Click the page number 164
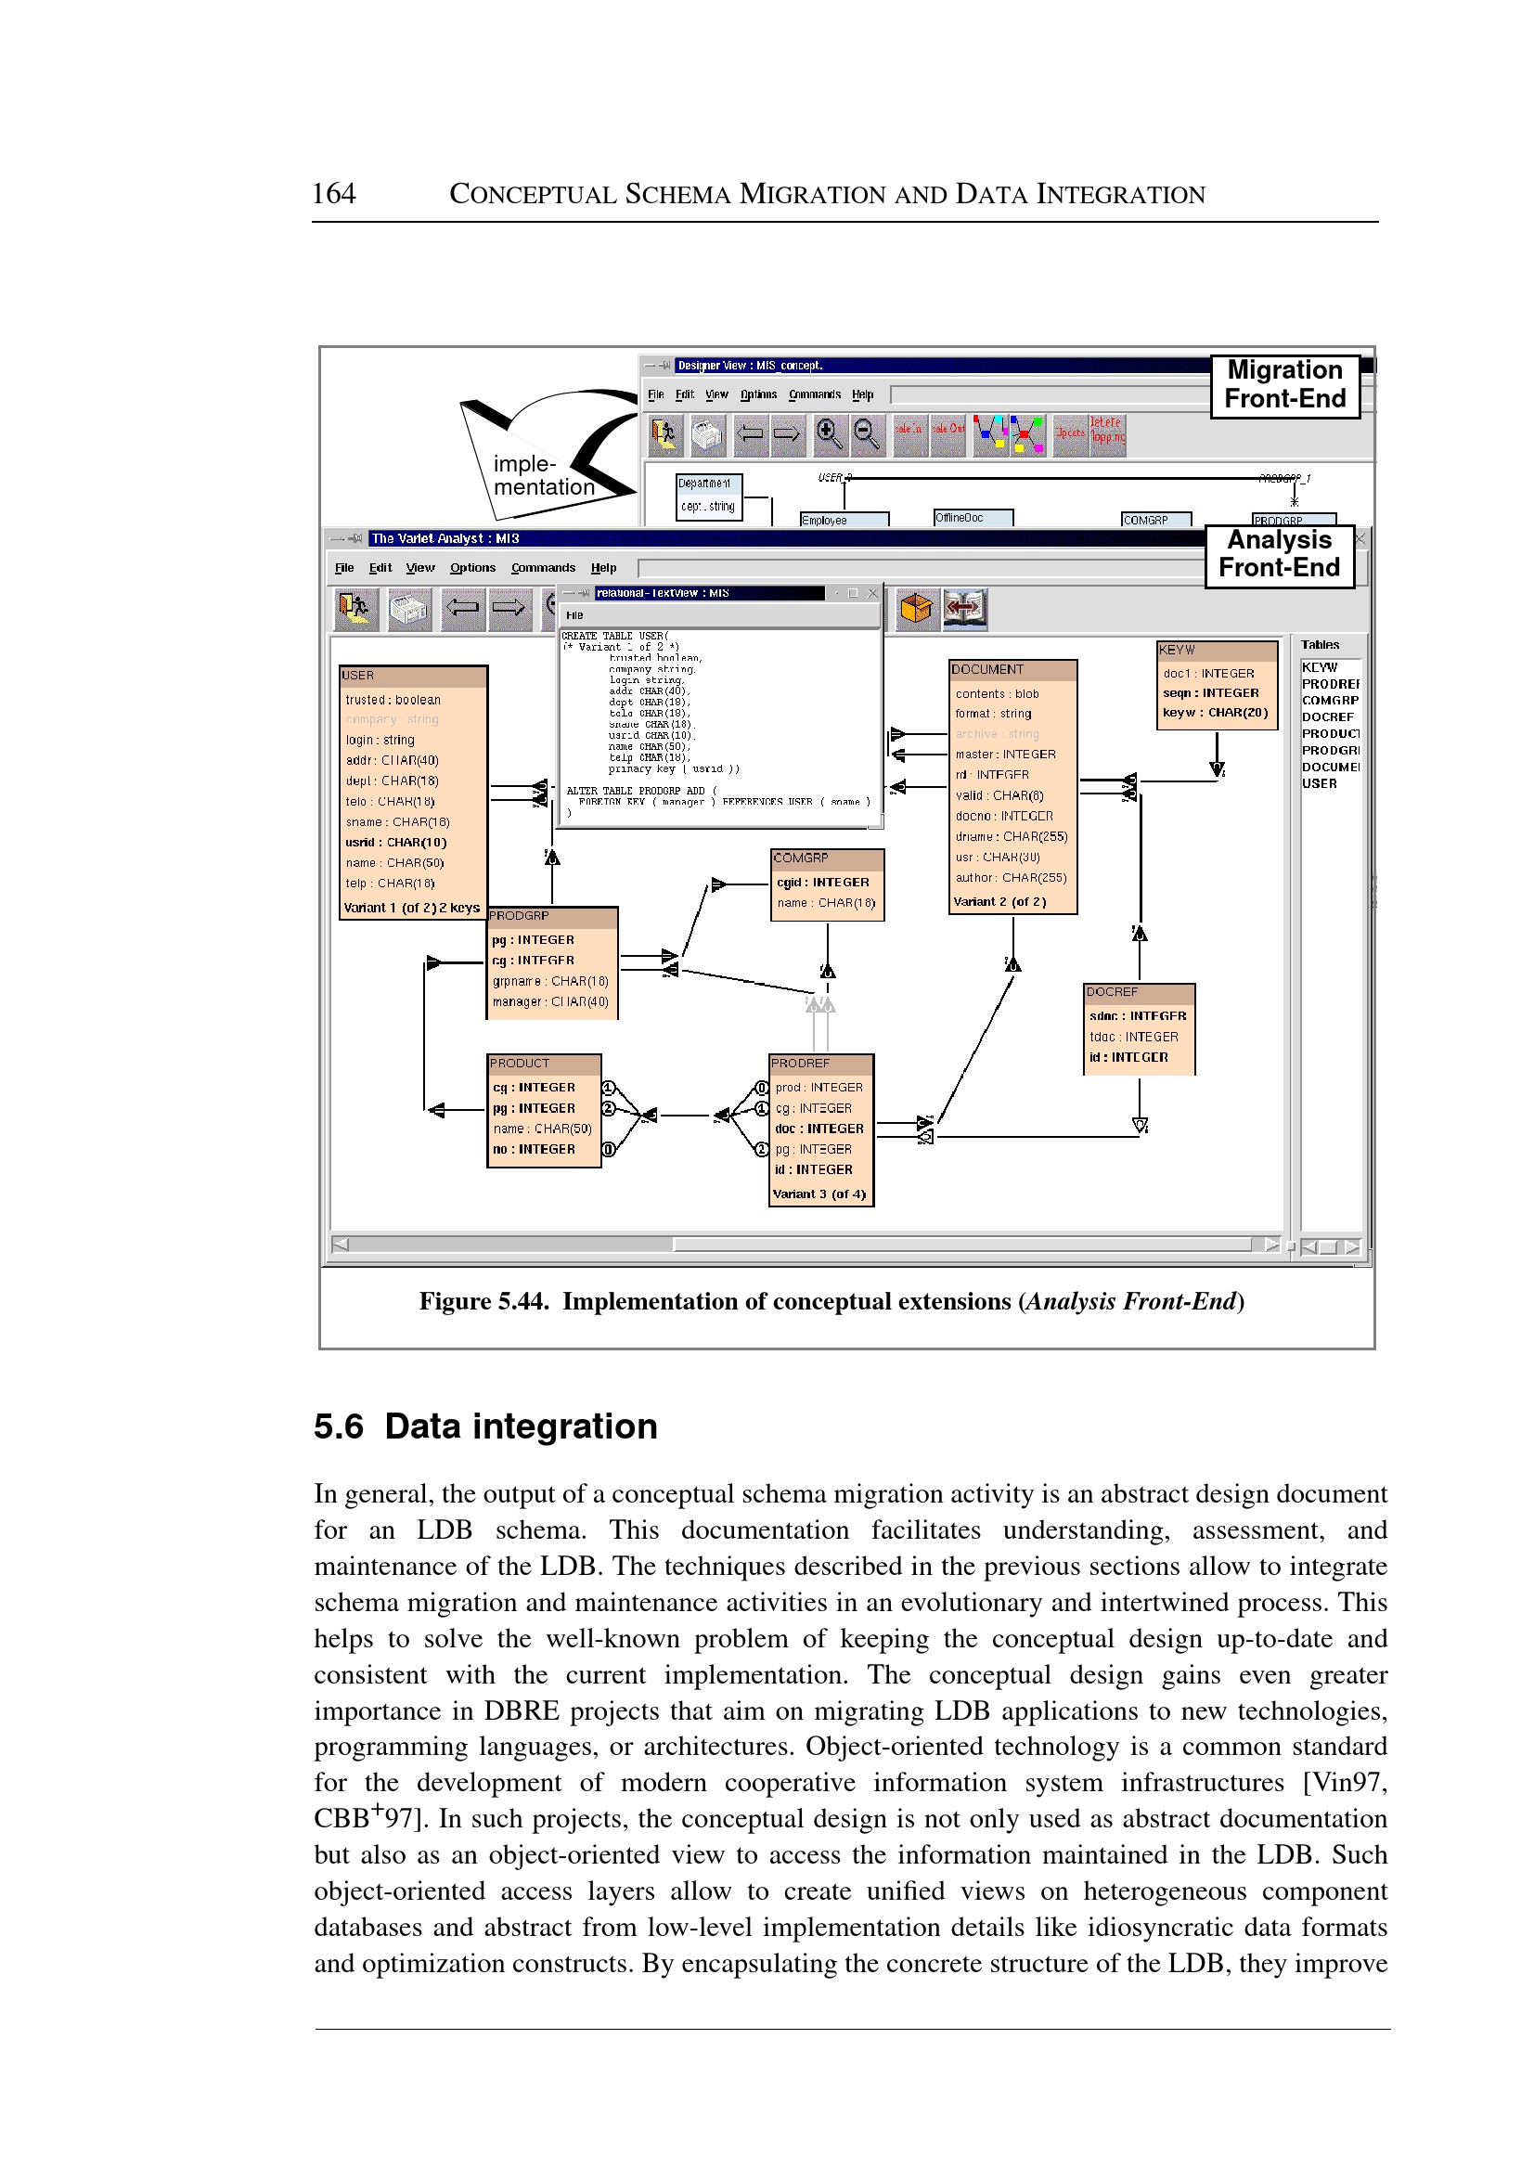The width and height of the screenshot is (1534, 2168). [333, 194]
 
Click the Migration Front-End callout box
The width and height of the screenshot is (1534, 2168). [1283, 384]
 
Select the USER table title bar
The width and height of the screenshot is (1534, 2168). [413, 676]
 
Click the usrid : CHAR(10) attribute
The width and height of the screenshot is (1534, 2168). [395, 843]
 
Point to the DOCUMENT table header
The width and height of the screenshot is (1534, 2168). [1012, 670]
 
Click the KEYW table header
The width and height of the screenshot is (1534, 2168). [1216, 651]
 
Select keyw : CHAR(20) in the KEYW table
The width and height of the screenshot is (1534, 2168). [1215, 713]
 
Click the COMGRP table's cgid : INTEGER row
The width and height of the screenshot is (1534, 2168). [823, 883]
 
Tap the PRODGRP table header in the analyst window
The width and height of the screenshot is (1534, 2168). [551, 916]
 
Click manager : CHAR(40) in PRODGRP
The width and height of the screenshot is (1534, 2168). [549, 1002]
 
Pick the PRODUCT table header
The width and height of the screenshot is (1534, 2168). [543, 1064]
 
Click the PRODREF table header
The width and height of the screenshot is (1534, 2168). [820, 1064]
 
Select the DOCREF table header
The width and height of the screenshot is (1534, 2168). [1139, 993]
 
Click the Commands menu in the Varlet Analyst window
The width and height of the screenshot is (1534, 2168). [542, 568]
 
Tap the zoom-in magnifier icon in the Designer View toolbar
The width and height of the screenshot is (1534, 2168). [830, 434]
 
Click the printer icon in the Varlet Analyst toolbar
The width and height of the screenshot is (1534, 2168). [409, 610]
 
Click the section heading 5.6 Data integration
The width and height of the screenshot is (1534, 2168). [484, 1426]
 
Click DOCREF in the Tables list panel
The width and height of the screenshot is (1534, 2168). [1327, 717]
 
